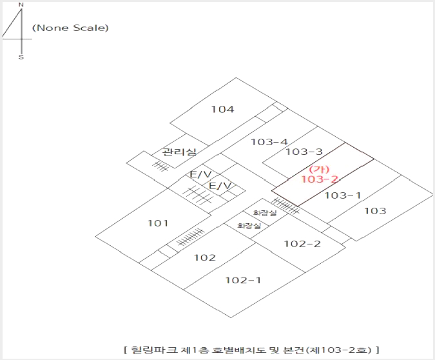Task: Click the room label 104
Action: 222,109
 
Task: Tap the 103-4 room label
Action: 269,142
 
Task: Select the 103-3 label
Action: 304,152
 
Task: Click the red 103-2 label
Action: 320,179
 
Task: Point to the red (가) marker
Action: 319,169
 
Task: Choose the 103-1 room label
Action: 343,195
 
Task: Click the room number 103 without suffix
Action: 375,211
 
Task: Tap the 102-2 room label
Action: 302,244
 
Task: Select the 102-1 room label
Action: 243,280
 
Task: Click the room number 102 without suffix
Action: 205,257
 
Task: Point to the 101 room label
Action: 158,223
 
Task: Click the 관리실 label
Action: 179,152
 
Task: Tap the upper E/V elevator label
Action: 200,174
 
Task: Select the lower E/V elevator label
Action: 220,185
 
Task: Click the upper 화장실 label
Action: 265,213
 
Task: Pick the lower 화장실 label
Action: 249,226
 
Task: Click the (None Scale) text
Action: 70,28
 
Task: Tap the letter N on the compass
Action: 21,5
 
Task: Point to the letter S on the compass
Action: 21,57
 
